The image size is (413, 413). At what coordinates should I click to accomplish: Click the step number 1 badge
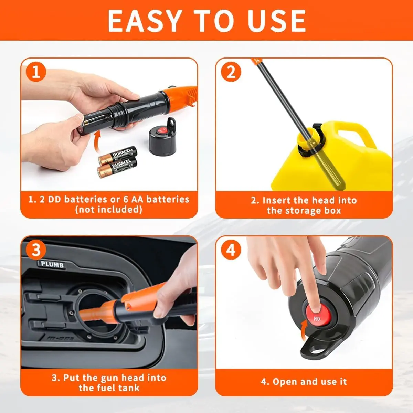(x=36, y=72)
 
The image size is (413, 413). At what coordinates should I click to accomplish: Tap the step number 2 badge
(x=231, y=72)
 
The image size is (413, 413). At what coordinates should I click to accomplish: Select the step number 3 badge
(x=36, y=250)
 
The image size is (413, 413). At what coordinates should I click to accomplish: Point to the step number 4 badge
(x=231, y=250)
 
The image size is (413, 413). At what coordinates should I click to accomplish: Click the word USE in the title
(x=277, y=21)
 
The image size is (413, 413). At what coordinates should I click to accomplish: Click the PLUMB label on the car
(x=52, y=264)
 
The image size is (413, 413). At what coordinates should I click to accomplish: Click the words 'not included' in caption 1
(x=109, y=209)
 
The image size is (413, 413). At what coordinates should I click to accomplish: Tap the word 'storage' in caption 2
(x=304, y=211)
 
